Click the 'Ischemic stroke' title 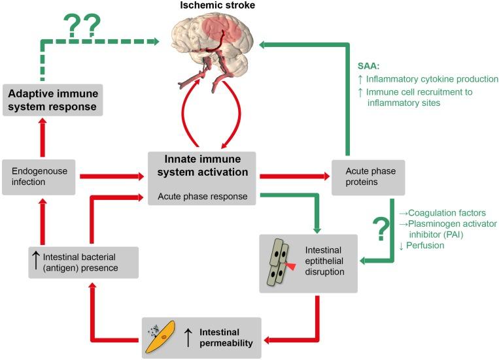point(217,5)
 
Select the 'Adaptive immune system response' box point(53,100)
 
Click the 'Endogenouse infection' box point(39,177)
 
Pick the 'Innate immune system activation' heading point(202,165)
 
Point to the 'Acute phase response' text point(202,196)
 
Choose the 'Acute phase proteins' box point(368,177)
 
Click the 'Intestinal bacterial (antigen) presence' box point(83,263)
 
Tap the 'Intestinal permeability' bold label point(226,337)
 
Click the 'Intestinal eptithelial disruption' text point(324,261)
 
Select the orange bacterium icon point(160,337)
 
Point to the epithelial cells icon point(280,261)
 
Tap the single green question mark point(381,229)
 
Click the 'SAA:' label point(368,66)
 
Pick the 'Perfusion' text point(425,245)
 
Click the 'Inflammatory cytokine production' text point(432,79)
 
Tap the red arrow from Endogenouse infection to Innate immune point(112,176)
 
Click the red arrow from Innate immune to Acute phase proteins point(295,176)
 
